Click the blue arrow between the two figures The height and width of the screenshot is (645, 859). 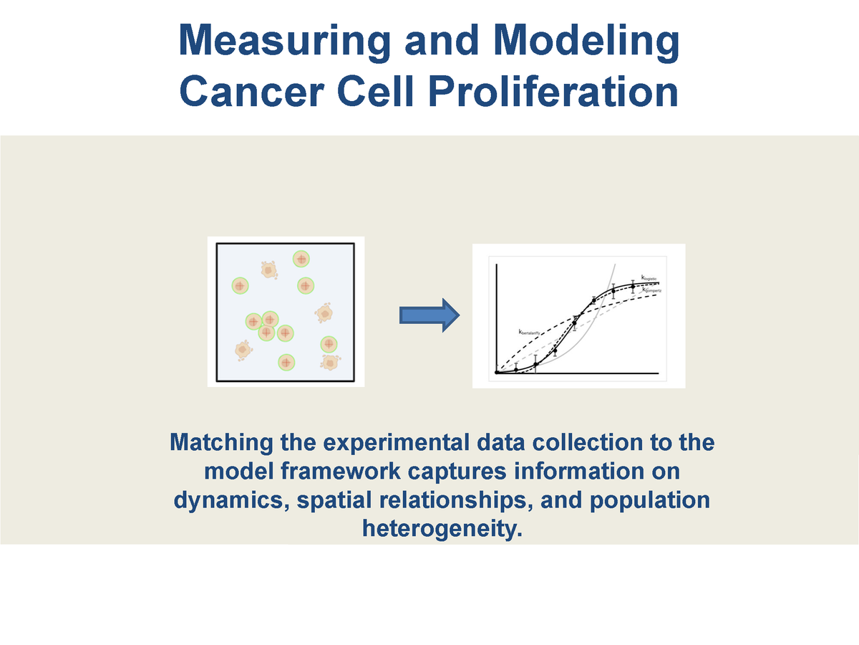tap(428, 315)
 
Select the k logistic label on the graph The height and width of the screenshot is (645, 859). tap(649, 277)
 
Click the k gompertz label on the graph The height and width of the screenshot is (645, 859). tap(652, 290)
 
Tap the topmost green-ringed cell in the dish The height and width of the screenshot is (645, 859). tap(301, 259)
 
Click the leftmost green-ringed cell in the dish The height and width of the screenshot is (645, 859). tap(240, 285)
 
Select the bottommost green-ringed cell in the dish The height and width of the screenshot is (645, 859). tap(286, 363)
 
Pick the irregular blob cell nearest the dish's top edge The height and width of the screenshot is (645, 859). tap(268, 270)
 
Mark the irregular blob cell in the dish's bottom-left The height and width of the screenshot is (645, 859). tap(243, 350)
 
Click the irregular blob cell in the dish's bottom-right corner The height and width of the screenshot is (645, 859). tap(330, 362)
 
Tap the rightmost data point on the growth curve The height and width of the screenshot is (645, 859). tap(633, 286)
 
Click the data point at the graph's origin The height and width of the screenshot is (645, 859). tap(496, 372)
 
